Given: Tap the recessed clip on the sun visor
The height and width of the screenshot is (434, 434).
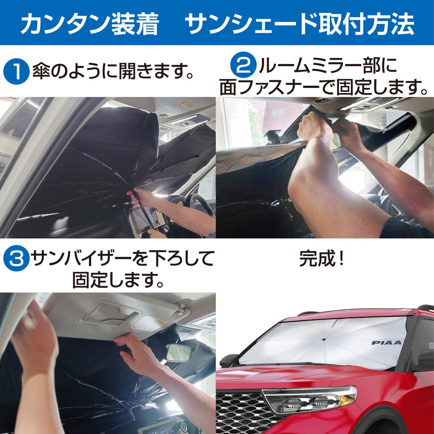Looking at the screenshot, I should click(110, 315).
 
